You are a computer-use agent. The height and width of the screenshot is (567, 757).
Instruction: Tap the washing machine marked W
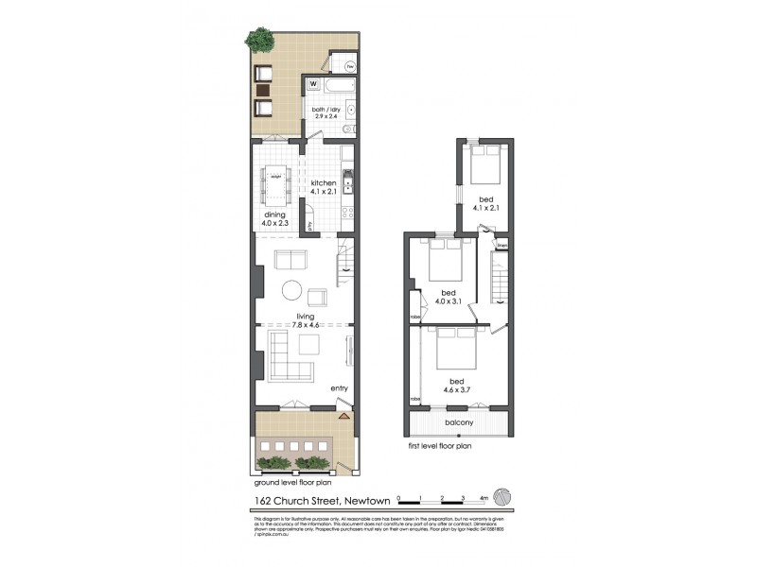(312, 83)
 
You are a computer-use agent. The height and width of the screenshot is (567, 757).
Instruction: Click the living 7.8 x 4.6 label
(304, 321)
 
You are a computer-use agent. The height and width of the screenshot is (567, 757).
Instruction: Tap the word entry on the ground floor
(339, 388)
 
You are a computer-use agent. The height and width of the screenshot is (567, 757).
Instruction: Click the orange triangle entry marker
(343, 414)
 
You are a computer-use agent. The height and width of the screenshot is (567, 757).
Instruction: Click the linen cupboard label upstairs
(502, 246)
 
